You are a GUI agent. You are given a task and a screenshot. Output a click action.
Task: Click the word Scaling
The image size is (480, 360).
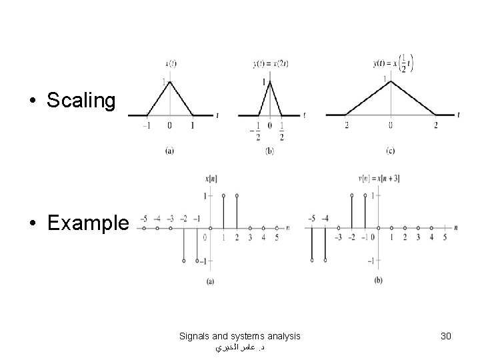click(81, 101)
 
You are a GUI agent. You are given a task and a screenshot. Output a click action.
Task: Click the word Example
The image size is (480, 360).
click(88, 223)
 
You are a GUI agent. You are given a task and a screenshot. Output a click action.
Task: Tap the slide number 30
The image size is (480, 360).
click(446, 336)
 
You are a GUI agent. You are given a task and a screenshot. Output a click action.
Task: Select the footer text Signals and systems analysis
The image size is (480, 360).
click(240, 336)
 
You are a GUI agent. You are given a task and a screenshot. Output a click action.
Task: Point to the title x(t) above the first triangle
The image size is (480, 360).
click(171, 64)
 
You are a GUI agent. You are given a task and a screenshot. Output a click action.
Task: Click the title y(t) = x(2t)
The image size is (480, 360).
click(270, 64)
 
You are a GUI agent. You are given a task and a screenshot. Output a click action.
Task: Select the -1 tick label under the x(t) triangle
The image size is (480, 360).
click(148, 125)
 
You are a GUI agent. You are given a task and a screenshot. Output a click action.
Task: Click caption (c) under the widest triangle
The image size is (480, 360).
click(390, 151)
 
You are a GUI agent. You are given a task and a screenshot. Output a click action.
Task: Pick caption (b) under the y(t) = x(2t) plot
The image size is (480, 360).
click(269, 151)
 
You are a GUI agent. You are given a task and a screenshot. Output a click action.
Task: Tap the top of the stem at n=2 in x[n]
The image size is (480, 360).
click(237, 196)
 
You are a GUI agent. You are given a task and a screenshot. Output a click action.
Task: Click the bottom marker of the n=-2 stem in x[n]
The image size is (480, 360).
click(184, 261)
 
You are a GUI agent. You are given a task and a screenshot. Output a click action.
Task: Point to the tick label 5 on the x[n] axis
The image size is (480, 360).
click(276, 237)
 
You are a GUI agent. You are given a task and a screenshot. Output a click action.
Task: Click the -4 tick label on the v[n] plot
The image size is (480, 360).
click(325, 218)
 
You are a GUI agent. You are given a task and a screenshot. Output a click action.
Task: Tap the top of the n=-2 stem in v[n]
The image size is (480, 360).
click(351, 196)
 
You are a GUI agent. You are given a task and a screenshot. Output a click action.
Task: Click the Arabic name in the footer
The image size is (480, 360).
click(241, 348)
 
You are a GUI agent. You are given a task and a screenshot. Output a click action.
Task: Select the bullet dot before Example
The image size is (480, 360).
click(34, 223)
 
